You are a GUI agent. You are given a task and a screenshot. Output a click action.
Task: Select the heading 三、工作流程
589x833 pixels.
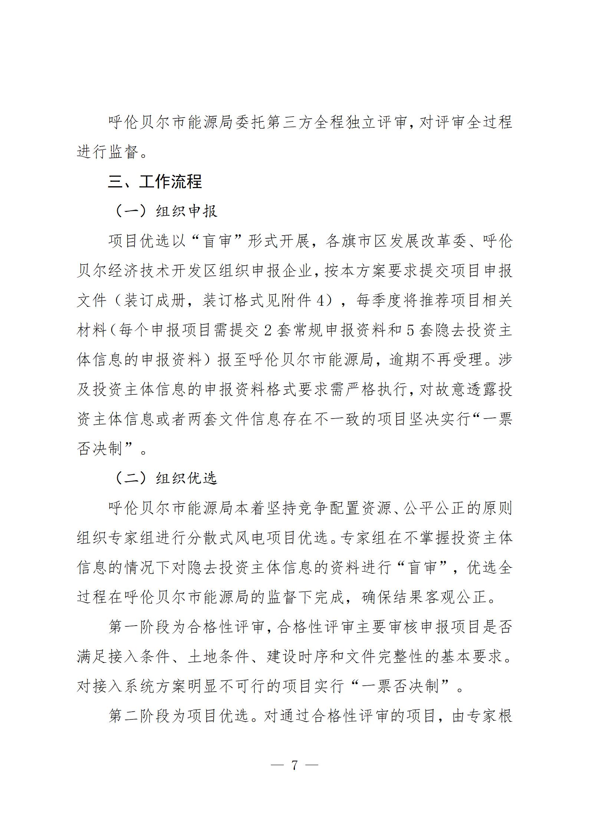[155, 181]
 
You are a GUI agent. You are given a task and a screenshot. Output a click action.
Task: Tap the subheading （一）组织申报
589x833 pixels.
[165, 211]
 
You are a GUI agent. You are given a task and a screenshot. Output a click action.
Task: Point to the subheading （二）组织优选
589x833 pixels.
[165, 478]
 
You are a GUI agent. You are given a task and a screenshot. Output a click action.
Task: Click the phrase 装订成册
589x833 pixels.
[154, 300]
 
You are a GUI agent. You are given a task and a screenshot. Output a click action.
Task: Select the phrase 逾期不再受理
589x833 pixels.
[436, 360]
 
